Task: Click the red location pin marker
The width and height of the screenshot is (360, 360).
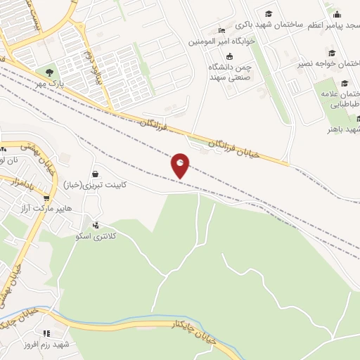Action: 180,165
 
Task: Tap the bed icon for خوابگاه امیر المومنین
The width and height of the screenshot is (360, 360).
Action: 222,31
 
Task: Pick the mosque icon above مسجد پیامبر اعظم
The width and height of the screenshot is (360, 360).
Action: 337,14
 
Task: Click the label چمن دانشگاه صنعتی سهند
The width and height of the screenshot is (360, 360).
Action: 229,71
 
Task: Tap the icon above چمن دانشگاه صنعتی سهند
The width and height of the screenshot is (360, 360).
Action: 229,56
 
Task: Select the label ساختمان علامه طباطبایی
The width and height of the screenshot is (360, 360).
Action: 340,98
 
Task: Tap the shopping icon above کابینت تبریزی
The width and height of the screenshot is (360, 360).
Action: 95,173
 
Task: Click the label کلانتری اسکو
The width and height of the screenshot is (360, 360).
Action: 96,236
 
